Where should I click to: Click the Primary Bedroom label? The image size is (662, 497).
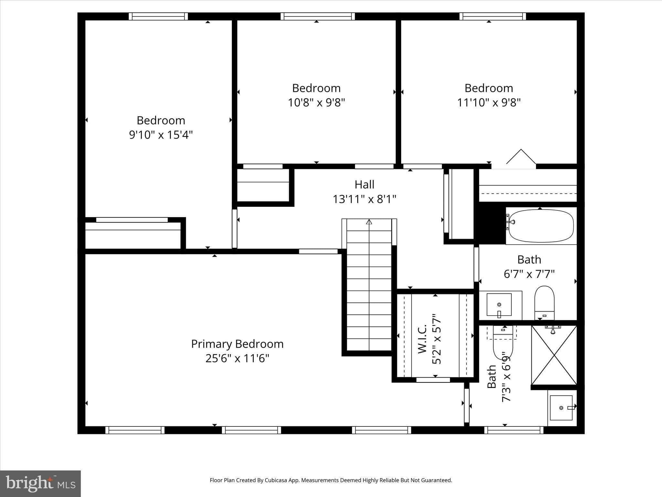237,344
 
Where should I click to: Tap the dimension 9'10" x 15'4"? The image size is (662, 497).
161,135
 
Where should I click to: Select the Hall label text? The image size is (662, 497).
364,185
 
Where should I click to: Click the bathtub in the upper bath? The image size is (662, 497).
541,226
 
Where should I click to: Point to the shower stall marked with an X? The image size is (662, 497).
554,355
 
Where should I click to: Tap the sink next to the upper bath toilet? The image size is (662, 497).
499,304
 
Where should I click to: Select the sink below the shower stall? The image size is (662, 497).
561,408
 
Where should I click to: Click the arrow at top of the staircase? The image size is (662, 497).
369,222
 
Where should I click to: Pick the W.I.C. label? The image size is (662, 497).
422,339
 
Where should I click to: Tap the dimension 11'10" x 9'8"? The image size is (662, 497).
489,103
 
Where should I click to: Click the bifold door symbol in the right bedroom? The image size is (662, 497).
521,158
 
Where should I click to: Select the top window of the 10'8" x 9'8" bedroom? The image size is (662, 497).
317,16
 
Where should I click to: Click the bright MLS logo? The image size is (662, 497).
40,484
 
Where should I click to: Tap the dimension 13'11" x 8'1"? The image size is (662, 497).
364,199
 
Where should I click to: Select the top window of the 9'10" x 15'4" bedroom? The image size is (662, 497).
158,16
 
